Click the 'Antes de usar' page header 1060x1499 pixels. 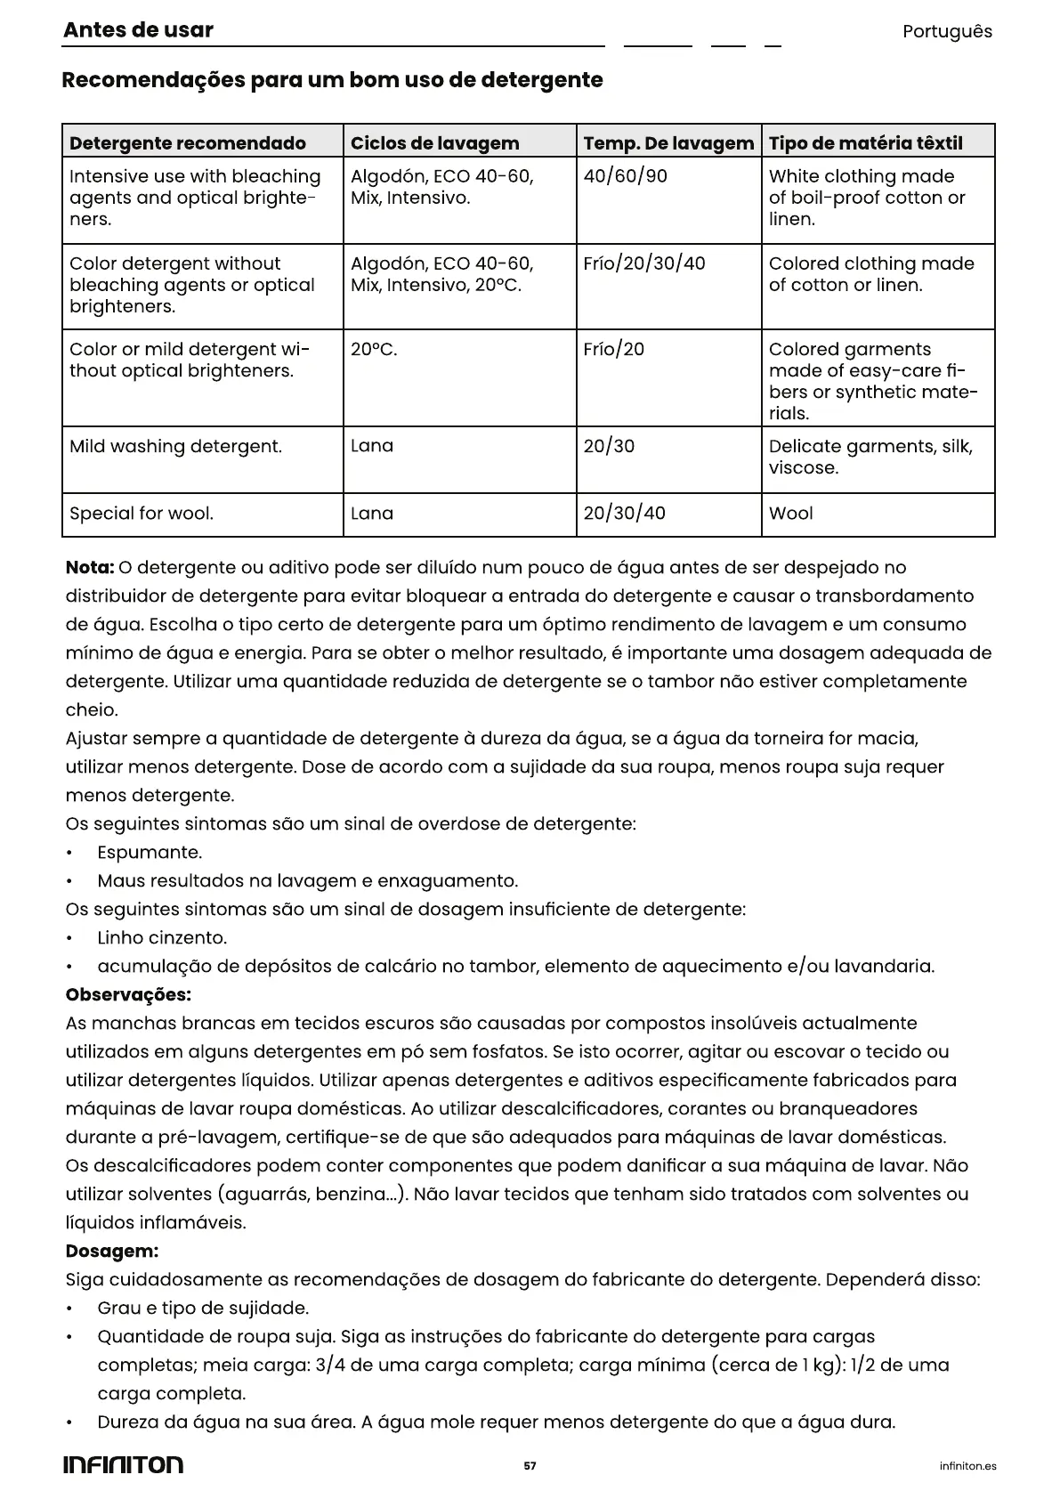pos(138,30)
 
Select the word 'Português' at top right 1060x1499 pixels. pos(947,32)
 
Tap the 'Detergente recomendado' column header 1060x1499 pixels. pos(188,143)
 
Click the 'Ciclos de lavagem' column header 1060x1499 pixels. pos(434,143)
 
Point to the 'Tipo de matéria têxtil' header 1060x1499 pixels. pos(865,143)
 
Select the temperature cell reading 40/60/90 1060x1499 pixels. pos(625,176)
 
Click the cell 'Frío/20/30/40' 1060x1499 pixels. pos(644,263)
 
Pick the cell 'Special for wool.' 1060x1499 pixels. pos(142,514)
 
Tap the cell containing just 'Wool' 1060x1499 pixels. pos(791,514)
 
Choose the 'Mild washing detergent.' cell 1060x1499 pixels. pos(175,447)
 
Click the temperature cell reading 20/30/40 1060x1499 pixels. pos(624,514)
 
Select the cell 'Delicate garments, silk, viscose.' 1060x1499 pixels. pos(870,458)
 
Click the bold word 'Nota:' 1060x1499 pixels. pos(90,568)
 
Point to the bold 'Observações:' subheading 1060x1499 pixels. pos(128,995)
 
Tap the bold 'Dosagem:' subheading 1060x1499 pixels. pos(112,1252)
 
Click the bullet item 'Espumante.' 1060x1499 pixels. pos(150,853)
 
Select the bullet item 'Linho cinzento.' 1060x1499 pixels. pos(162,938)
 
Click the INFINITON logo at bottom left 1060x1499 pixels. pos(123,1465)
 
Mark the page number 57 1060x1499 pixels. pos(530,1466)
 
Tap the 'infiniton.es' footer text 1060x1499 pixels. pos(968,1466)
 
